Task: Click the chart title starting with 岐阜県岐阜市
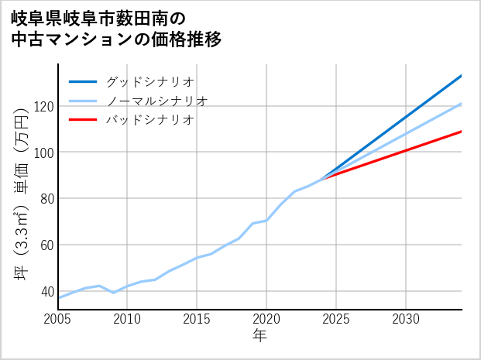pyautogui.click(x=116, y=29)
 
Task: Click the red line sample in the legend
pyautogui.click(x=84, y=120)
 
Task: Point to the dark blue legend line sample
pyautogui.click(x=84, y=81)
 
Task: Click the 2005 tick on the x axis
pyautogui.click(x=58, y=319)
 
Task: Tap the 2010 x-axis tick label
pyautogui.click(x=127, y=319)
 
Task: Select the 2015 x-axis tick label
pyautogui.click(x=197, y=319)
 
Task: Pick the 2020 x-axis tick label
pyautogui.click(x=266, y=319)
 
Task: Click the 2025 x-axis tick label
pyautogui.click(x=336, y=319)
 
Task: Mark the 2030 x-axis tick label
pyautogui.click(x=406, y=319)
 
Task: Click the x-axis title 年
pyautogui.click(x=259, y=336)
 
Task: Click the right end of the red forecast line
pyautogui.click(x=461, y=132)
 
